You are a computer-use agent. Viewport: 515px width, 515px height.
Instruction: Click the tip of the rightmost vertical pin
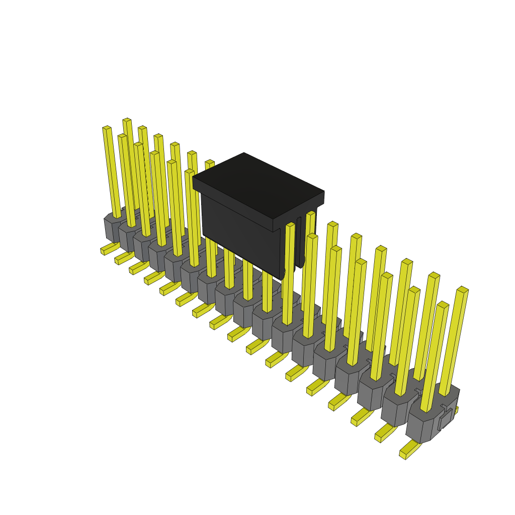point(463,290)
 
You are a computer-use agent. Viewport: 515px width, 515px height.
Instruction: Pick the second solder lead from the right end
point(385,434)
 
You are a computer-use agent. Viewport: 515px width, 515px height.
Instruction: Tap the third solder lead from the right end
point(361,417)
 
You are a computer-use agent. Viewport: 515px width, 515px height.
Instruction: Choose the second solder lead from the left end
point(123,258)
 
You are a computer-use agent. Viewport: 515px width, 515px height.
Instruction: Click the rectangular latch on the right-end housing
point(446,419)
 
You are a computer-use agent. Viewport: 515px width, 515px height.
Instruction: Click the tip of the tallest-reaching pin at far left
point(127,120)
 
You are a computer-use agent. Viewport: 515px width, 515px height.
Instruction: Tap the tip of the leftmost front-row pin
point(107,128)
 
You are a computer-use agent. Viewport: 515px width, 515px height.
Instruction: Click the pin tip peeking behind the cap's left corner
point(210,162)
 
